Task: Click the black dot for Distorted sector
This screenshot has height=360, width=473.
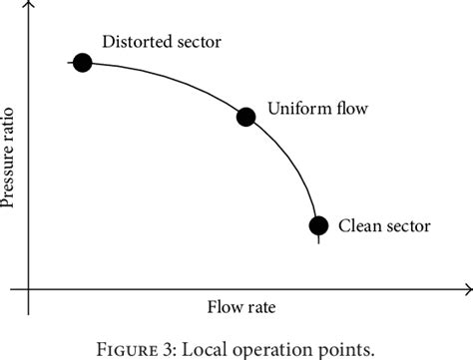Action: (82, 63)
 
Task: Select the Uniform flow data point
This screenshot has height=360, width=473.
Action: (245, 117)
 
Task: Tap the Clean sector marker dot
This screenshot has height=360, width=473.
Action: (318, 225)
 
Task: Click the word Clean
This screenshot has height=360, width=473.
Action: (360, 226)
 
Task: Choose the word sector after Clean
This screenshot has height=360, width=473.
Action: (408, 226)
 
